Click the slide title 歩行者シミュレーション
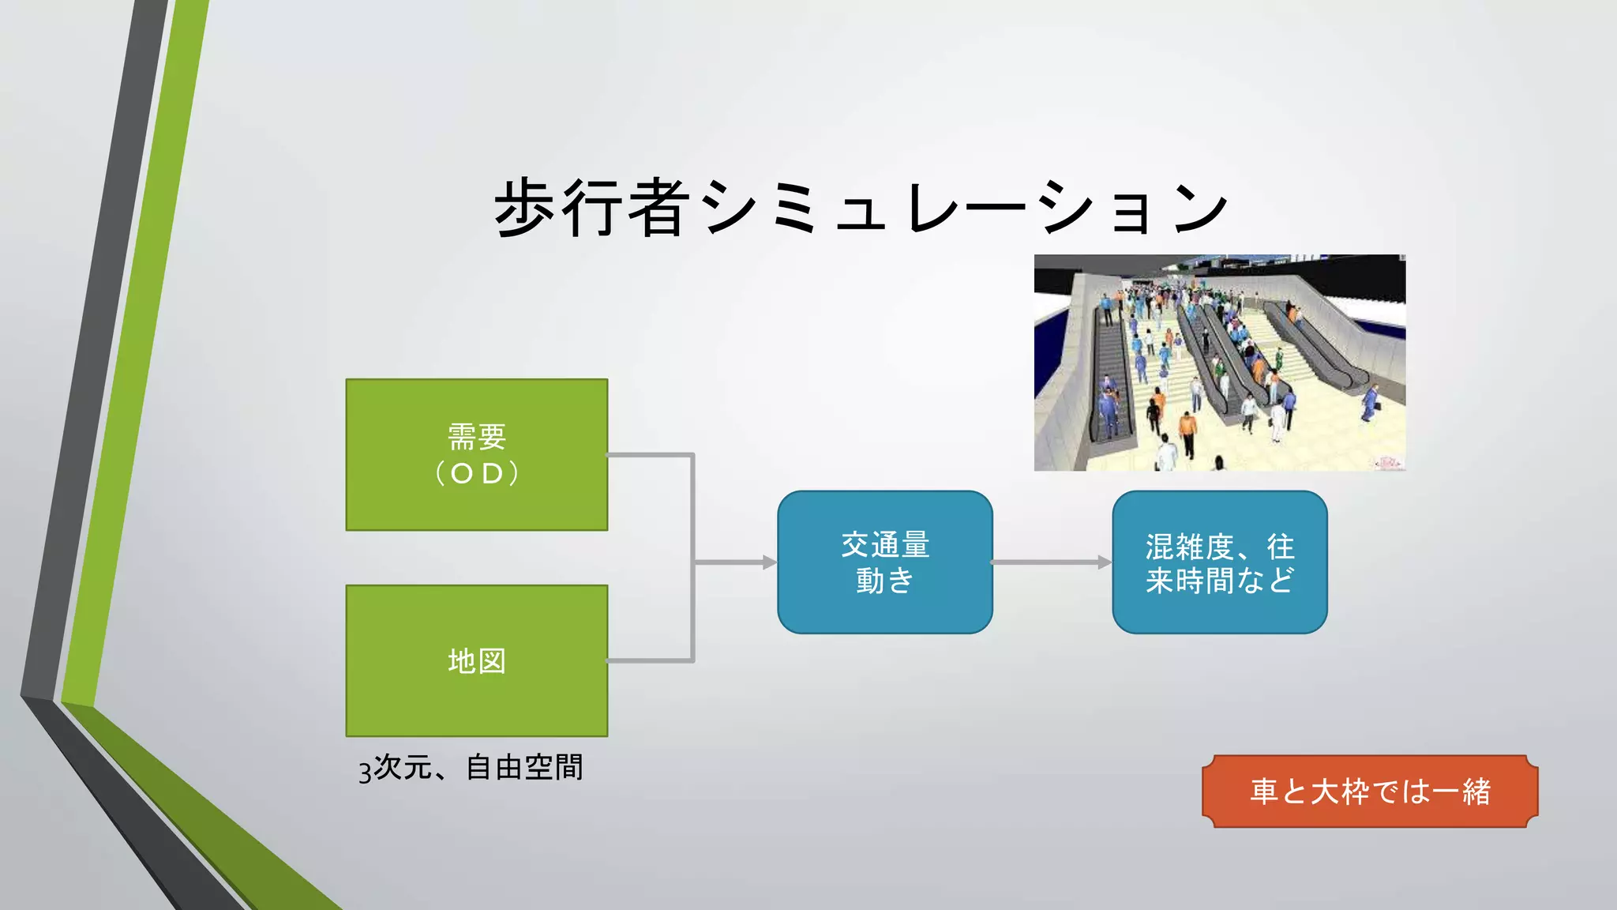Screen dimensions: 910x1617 point(861,207)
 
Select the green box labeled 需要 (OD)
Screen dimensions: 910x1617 point(477,455)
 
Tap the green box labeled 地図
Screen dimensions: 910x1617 point(477,660)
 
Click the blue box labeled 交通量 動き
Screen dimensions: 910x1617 point(884,562)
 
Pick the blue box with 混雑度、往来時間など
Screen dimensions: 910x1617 point(1219,562)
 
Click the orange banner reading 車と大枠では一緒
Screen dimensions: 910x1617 point(1370,791)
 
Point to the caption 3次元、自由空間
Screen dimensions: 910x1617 point(471,768)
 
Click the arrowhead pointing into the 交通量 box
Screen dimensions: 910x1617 point(769,562)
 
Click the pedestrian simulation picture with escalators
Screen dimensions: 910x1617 point(1219,363)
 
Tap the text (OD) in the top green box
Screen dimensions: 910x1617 point(477,473)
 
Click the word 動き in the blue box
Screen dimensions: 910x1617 point(884,581)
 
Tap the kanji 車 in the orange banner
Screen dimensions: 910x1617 point(1264,792)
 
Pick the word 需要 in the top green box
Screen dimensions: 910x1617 point(477,436)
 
